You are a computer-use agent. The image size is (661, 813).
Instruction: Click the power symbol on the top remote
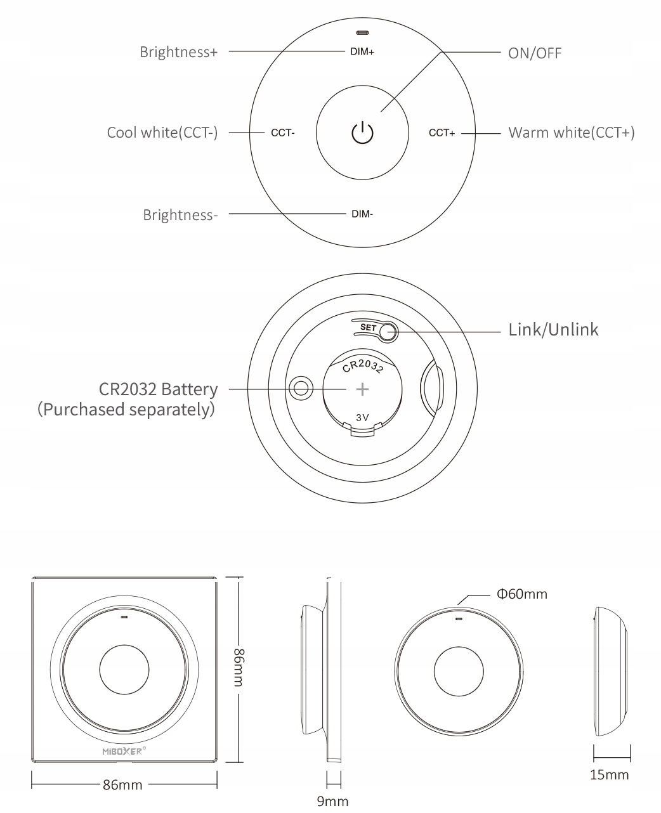pos(362,133)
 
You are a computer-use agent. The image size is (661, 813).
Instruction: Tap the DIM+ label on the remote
pos(362,52)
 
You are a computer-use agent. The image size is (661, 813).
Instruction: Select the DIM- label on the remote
pos(362,214)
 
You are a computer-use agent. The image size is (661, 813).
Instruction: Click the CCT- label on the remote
pos(282,133)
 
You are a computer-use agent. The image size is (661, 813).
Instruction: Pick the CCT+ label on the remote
pos(442,133)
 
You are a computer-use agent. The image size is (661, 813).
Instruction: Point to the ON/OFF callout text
pos(535,53)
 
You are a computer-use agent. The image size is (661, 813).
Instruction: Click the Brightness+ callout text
pos(178,52)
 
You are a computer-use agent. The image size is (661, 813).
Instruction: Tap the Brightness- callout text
pos(180,215)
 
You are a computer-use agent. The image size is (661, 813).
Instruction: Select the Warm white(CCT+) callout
pos(572,133)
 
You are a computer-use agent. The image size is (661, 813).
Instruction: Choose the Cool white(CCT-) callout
pos(162,133)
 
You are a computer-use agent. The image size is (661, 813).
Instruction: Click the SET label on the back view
pos(368,328)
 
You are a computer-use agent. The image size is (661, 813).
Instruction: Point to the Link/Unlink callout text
pos(553,330)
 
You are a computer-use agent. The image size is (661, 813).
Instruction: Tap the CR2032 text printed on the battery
pos(362,367)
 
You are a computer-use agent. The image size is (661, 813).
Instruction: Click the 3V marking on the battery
pos(362,417)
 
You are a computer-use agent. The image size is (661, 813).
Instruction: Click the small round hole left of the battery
pos(301,387)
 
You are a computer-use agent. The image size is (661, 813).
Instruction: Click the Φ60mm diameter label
pos(521,594)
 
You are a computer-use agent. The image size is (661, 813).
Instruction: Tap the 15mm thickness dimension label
pos(610,774)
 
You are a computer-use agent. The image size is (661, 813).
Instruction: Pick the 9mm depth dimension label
pos(333,802)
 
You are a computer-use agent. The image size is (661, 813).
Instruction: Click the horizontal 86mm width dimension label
pos(123,785)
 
